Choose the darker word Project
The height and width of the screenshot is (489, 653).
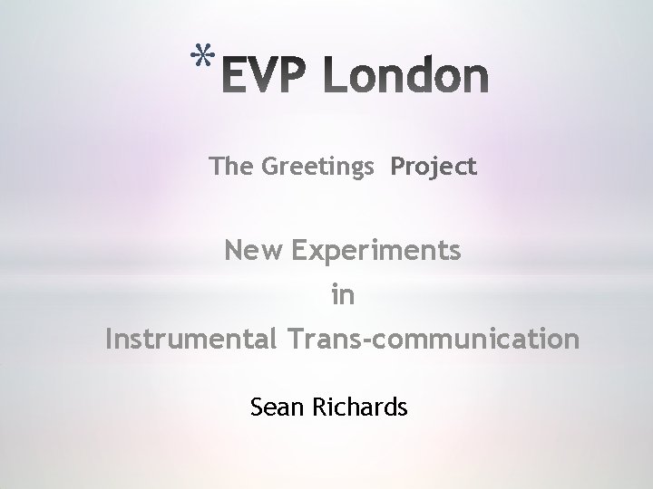[x=434, y=168]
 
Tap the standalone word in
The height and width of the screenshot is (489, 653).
[x=343, y=295]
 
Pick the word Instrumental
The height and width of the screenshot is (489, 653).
[x=190, y=340]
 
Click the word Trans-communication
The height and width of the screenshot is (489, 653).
[x=433, y=340]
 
